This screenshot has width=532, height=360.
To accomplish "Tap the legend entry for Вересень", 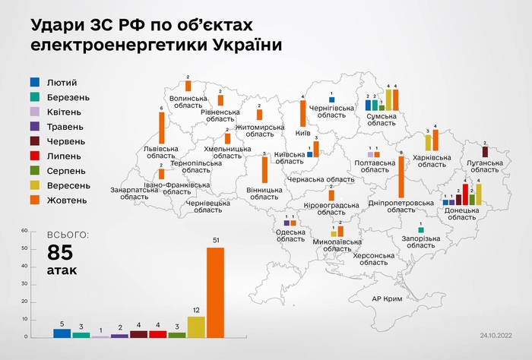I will coord(64,185).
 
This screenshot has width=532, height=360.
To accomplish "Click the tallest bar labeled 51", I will coord(216,292).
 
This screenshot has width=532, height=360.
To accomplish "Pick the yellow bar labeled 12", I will coord(196,327).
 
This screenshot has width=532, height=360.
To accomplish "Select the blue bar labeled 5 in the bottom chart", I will coord(62,333).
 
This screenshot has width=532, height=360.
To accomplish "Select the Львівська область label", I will coord(163,153).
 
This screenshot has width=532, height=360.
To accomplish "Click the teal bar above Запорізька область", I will coord(420,229).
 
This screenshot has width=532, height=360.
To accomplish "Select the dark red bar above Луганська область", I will coord(485,152).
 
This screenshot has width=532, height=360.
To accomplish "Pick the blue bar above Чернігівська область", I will coord(331,99).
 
